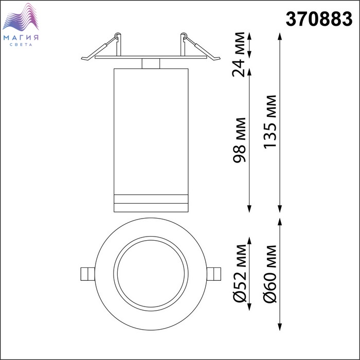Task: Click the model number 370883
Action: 319,19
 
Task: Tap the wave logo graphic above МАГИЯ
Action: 21,17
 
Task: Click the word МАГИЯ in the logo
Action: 21,38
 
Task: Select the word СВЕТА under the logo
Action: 21,45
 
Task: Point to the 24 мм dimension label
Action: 239,55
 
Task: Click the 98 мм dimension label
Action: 239,140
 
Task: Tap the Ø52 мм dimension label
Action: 239,273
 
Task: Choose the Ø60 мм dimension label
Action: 270,274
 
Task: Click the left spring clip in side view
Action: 101,47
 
